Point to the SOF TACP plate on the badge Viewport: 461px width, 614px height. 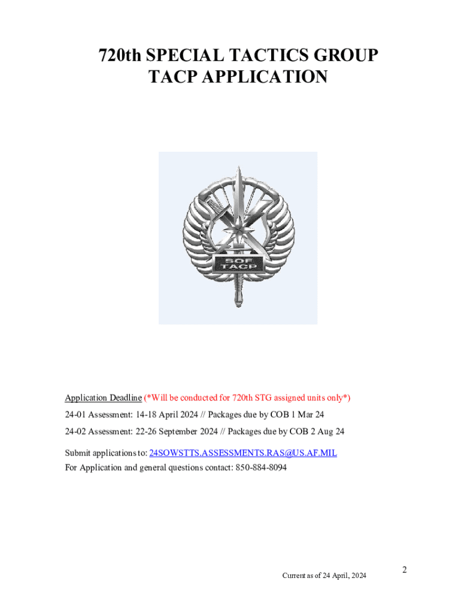tap(237, 262)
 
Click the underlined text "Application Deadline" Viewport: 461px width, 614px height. tap(103, 398)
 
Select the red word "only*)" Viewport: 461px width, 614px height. tap(338, 398)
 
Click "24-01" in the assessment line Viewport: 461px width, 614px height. tap(75, 414)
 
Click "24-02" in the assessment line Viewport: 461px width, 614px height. tap(75, 431)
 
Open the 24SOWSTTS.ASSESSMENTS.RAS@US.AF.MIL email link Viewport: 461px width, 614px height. tap(242, 453)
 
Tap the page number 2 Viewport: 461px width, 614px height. tap(405, 570)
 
